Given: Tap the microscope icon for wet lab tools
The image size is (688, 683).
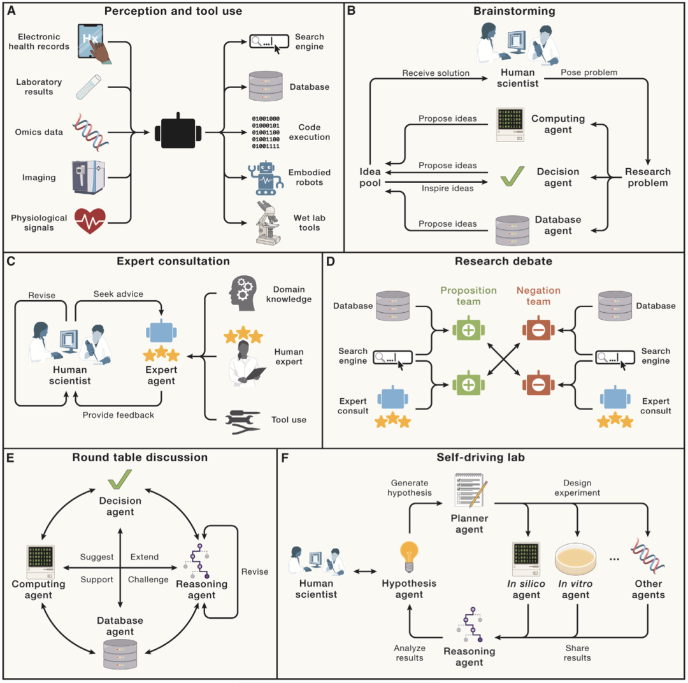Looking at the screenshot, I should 268,223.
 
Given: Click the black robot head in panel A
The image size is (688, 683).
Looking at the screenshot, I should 178,133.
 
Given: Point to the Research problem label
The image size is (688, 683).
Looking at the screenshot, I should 648,178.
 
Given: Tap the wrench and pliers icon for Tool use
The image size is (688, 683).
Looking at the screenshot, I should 243,422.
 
